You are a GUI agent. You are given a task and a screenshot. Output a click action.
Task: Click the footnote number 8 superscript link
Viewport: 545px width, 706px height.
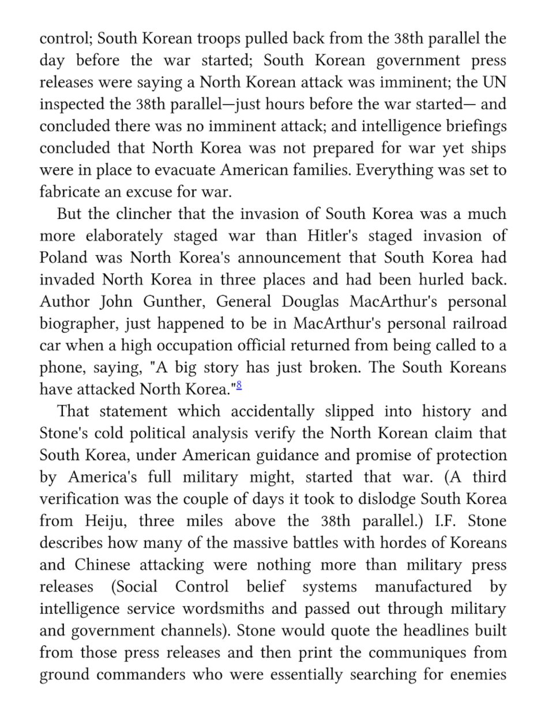(239, 384)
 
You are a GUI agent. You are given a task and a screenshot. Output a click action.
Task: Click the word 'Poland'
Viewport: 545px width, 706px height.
(67, 257)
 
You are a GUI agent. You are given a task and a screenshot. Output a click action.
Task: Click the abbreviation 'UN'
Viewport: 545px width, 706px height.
(494, 83)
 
